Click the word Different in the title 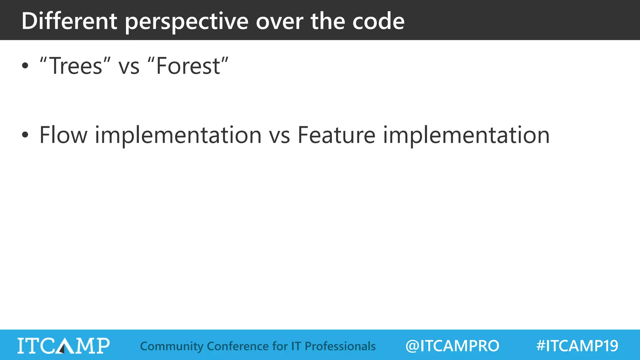(69, 21)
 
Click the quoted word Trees (75, 66)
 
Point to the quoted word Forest (188, 66)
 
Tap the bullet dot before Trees (25, 66)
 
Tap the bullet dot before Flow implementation (25, 135)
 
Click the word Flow (63, 135)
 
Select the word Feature (336, 135)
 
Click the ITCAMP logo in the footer (63, 346)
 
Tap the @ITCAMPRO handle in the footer (452, 346)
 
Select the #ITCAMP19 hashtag (577, 346)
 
